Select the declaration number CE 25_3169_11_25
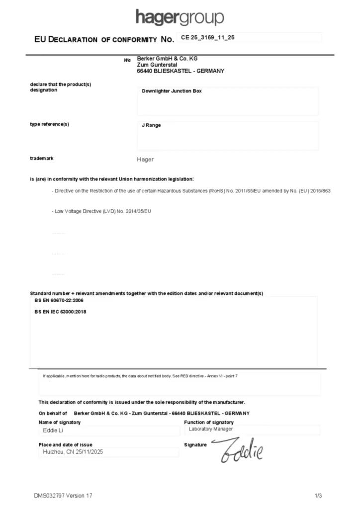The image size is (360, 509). pyautogui.click(x=208, y=37)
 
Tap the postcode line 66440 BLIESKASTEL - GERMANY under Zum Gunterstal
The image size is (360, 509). pyautogui.click(x=180, y=71)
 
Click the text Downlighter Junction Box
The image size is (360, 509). pyautogui.click(x=172, y=91)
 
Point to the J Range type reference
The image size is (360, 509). pyautogui.click(x=151, y=125)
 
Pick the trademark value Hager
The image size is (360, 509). pyautogui.click(x=145, y=160)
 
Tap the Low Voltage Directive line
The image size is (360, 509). pyautogui.click(x=101, y=211)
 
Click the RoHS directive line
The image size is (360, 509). pyautogui.click(x=191, y=191)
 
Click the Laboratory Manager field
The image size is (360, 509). pyautogui.click(x=210, y=428)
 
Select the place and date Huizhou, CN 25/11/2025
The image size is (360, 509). pyautogui.click(x=73, y=452)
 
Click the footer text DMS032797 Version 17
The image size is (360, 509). pyautogui.click(x=63, y=496)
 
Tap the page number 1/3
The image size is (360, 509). pyautogui.click(x=318, y=496)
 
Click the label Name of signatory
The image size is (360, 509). pyautogui.click(x=60, y=422)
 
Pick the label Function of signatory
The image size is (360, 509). pyautogui.click(x=209, y=422)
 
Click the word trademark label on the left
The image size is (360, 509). pyautogui.click(x=42, y=158)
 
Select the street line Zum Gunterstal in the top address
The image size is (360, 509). pyautogui.click(x=157, y=65)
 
